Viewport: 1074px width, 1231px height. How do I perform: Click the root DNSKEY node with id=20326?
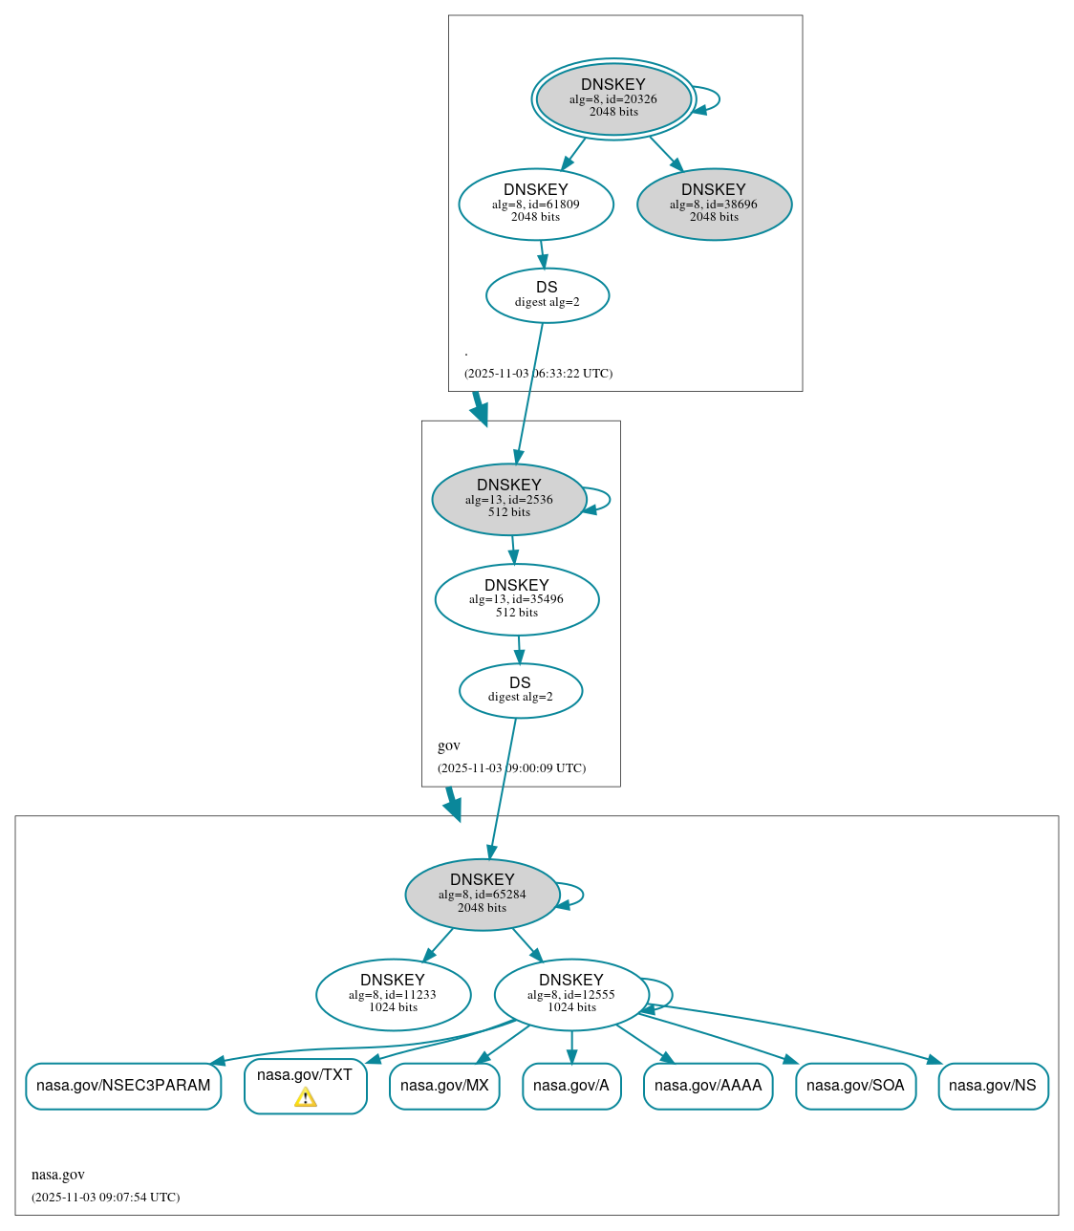pyautogui.click(x=613, y=98)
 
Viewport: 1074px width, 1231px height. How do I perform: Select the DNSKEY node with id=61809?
pyautogui.click(x=535, y=204)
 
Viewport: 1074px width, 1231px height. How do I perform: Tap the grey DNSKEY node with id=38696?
pyautogui.click(x=714, y=204)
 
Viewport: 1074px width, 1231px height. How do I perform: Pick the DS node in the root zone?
pyautogui.click(x=547, y=295)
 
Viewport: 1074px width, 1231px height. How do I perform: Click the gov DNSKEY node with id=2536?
pyautogui.click(x=508, y=499)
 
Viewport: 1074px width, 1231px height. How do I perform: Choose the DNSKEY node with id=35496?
pyautogui.click(x=516, y=599)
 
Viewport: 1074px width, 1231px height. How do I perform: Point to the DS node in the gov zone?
pyautogui.click(x=520, y=690)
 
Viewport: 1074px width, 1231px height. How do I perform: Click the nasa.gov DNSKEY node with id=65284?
pyautogui.click(x=482, y=895)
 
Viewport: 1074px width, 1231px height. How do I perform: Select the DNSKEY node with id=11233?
pyautogui.click(x=393, y=995)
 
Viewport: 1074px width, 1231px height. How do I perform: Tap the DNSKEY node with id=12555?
pyautogui.click(x=570, y=995)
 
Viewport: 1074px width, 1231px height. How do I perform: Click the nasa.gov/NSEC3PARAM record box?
pyautogui.click(x=123, y=1086)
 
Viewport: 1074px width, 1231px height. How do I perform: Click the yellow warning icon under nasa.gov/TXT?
pyautogui.click(x=305, y=1097)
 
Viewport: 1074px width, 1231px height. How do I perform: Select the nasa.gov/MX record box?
pyautogui.click(x=444, y=1086)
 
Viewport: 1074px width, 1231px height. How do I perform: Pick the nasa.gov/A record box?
pyautogui.click(x=571, y=1086)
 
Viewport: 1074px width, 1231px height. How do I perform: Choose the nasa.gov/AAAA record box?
pyautogui.click(x=708, y=1086)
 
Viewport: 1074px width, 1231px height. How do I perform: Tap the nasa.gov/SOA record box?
pyautogui.click(x=855, y=1086)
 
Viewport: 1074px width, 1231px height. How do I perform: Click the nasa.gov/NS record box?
pyautogui.click(x=993, y=1086)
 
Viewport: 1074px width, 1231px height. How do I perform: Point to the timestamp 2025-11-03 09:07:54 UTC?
pyautogui.click(x=105, y=1197)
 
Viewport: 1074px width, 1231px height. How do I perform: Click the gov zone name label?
pyautogui.click(x=449, y=745)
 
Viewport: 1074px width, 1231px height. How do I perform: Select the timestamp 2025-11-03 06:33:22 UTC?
pyautogui.click(x=538, y=373)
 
